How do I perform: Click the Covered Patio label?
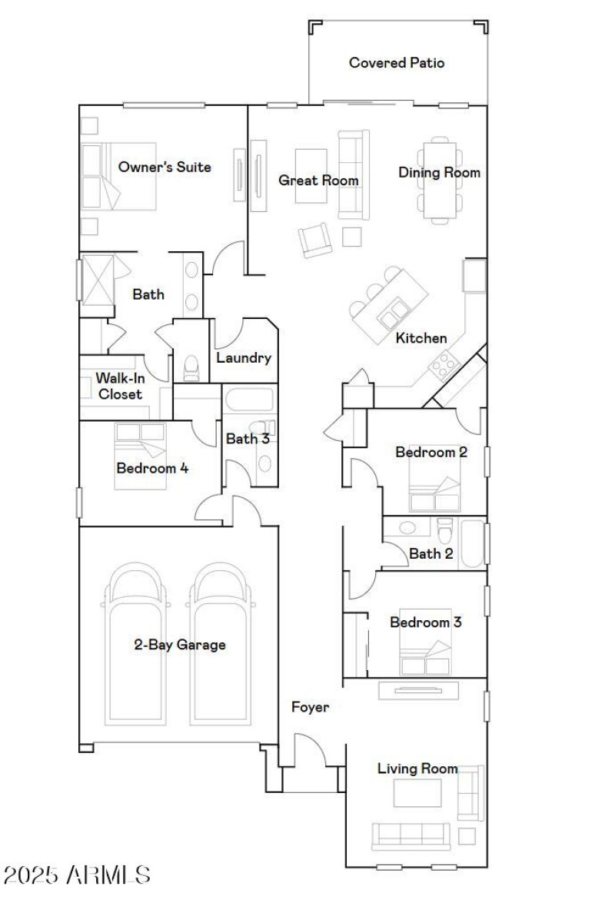397,63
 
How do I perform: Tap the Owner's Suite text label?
165,167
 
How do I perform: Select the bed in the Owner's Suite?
120,176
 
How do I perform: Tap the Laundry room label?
243,357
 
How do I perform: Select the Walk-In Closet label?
119,386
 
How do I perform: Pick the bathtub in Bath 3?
248,401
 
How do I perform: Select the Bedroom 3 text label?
425,622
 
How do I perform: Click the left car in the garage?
135,646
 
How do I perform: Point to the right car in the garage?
220,646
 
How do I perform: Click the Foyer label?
310,707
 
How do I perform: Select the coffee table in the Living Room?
417,793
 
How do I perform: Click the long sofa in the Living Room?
411,836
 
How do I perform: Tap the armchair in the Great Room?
315,240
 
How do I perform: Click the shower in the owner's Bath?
98,277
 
